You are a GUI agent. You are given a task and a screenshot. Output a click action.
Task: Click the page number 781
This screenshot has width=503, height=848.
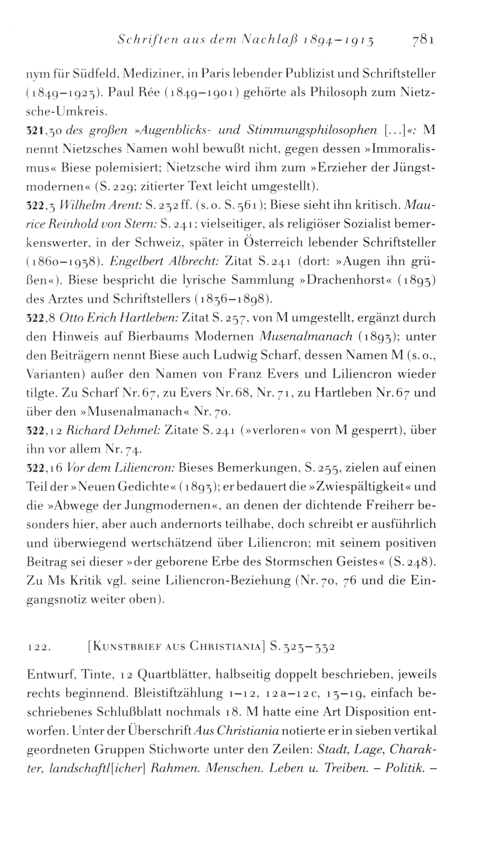[x=423, y=40]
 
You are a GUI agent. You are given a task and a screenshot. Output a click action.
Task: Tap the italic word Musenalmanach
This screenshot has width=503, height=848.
[x=306, y=337]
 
